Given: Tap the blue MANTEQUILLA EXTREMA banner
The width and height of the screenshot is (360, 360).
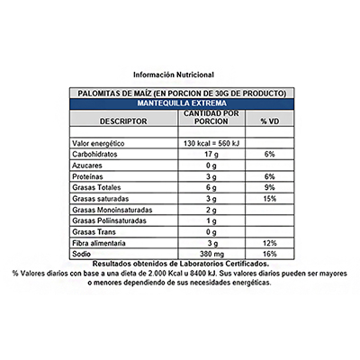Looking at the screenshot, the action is tap(180, 103).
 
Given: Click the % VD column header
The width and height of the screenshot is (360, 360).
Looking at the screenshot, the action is tap(270, 121).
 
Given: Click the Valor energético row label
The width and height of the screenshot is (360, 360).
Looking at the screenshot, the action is tap(103, 143).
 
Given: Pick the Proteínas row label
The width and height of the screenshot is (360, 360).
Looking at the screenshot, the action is tap(91, 177).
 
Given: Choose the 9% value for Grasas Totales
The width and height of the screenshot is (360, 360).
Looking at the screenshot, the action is tap(270, 187).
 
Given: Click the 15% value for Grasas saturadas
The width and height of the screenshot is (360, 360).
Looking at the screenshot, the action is tap(270, 198).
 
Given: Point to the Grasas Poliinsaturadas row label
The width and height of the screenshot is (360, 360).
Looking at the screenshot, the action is tap(111, 220).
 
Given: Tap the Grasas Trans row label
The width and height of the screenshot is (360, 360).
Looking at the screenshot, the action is tap(94, 232).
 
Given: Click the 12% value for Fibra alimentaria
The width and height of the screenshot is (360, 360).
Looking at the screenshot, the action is tap(270, 244).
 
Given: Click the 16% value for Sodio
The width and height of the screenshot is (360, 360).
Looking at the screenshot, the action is tap(270, 255).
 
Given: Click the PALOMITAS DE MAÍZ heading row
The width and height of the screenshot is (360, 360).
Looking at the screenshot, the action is tap(180, 93).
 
